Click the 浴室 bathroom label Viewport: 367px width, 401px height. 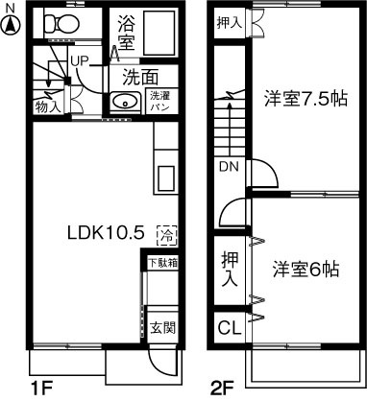[x=126, y=31]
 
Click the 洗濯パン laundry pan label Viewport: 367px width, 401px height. [x=159, y=102]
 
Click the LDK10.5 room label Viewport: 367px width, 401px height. [x=105, y=232]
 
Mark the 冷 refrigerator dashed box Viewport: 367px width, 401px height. [x=167, y=233]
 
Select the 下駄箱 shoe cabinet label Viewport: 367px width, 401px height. [x=161, y=262]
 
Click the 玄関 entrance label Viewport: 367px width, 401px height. [x=161, y=326]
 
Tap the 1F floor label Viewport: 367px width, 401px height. [x=39, y=388]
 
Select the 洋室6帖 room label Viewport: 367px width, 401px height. [x=304, y=270]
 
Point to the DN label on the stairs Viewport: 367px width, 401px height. [x=230, y=166]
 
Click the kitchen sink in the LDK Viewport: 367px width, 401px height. [x=164, y=178]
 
